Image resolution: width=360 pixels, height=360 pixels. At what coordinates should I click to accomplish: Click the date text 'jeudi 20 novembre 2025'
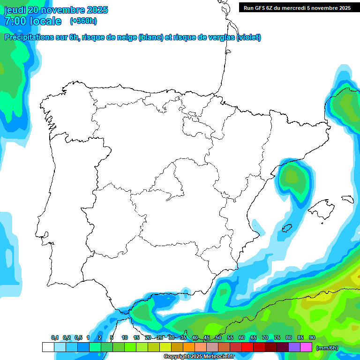click(x=56, y=10)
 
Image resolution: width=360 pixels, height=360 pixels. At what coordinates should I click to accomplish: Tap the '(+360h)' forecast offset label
click(x=83, y=21)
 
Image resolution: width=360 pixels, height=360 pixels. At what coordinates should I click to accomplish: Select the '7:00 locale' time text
click(x=33, y=21)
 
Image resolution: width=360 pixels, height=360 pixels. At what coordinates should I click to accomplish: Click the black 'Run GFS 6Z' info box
click(x=297, y=7)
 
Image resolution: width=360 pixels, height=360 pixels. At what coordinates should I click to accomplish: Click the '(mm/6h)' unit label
click(x=327, y=348)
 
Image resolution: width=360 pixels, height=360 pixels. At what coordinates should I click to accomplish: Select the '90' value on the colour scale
click(x=312, y=337)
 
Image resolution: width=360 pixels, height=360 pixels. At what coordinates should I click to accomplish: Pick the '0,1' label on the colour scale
click(x=55, y=337)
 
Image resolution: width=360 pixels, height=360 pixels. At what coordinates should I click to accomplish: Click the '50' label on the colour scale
click(x=218, y=337)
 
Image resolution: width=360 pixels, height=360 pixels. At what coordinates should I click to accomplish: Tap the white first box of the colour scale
click(x=48, y=347)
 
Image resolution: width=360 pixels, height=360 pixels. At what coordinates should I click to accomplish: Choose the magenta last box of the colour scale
click(x=306, y=347)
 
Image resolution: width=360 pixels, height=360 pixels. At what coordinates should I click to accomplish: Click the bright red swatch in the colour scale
click(x=247, y=347)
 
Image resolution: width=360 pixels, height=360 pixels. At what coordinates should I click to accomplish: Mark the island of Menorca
click(x=347, y=199)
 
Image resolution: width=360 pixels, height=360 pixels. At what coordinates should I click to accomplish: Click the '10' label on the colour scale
click(x=125, y=337)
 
